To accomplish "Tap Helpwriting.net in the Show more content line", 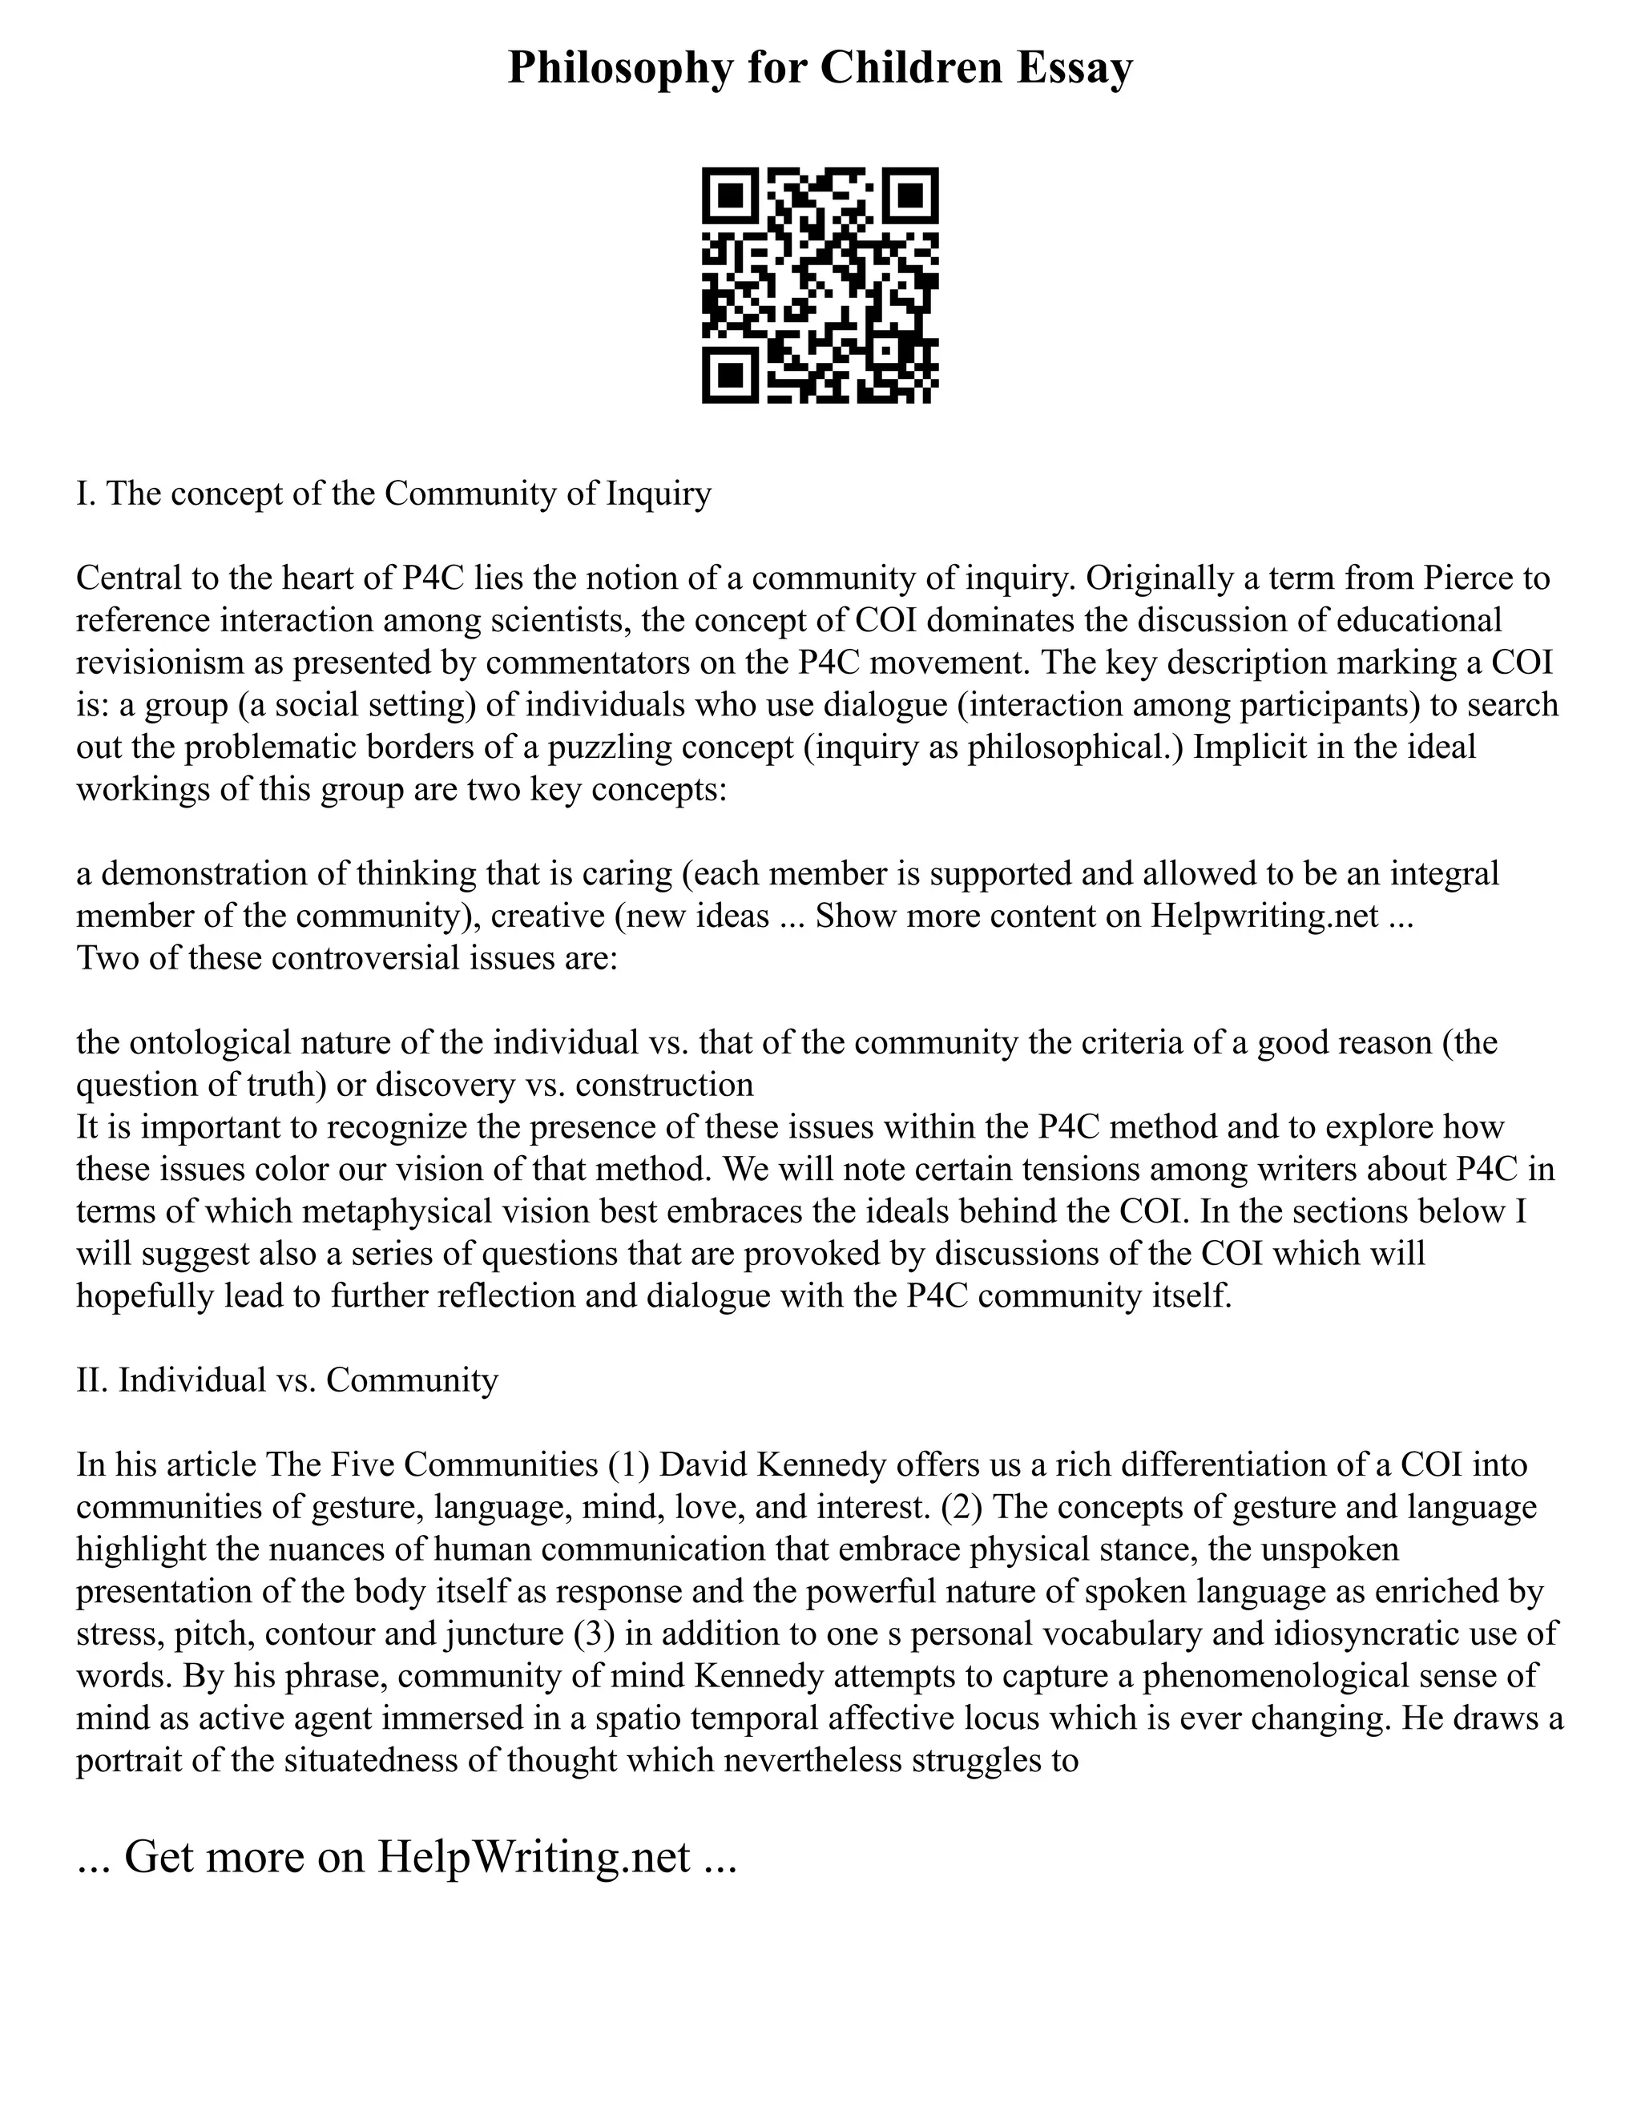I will (x=1264, y=916).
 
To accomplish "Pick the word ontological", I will (x=210, y=1042).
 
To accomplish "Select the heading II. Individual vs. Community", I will (x=287, y=1380).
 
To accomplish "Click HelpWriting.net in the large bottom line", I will (x=534, y=1858).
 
